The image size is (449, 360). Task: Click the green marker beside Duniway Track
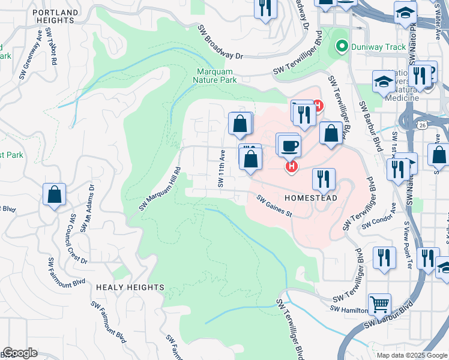point(342,46)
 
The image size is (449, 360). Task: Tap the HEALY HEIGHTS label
point(129,287)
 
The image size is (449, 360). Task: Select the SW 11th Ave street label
point(221,169)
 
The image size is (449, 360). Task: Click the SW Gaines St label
point(274,206)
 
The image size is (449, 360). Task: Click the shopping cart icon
point(379,304)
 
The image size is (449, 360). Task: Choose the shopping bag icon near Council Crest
point(54,194)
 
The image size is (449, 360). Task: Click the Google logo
point(19,353)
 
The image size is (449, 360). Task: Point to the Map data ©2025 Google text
point(411,355)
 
